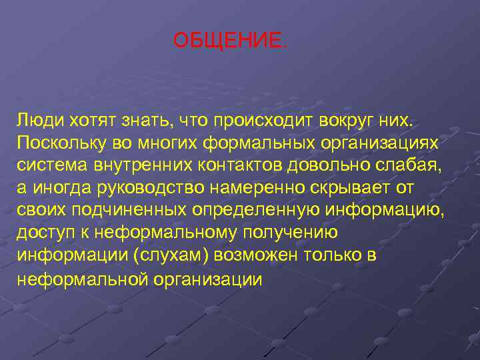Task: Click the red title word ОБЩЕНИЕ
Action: click(231, 41)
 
